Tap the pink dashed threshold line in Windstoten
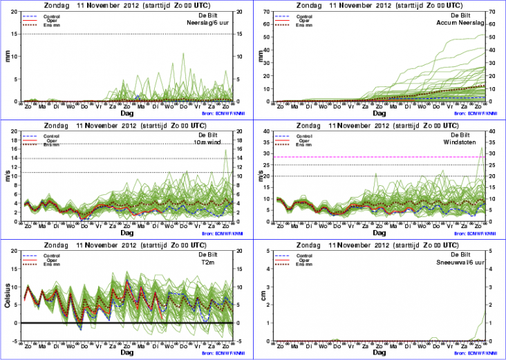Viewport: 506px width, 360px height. (373, 158)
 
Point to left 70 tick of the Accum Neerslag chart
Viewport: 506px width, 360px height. (270, 12)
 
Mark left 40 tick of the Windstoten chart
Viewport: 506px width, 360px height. (270, 131)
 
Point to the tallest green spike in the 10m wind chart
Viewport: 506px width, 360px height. (225, 151)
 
